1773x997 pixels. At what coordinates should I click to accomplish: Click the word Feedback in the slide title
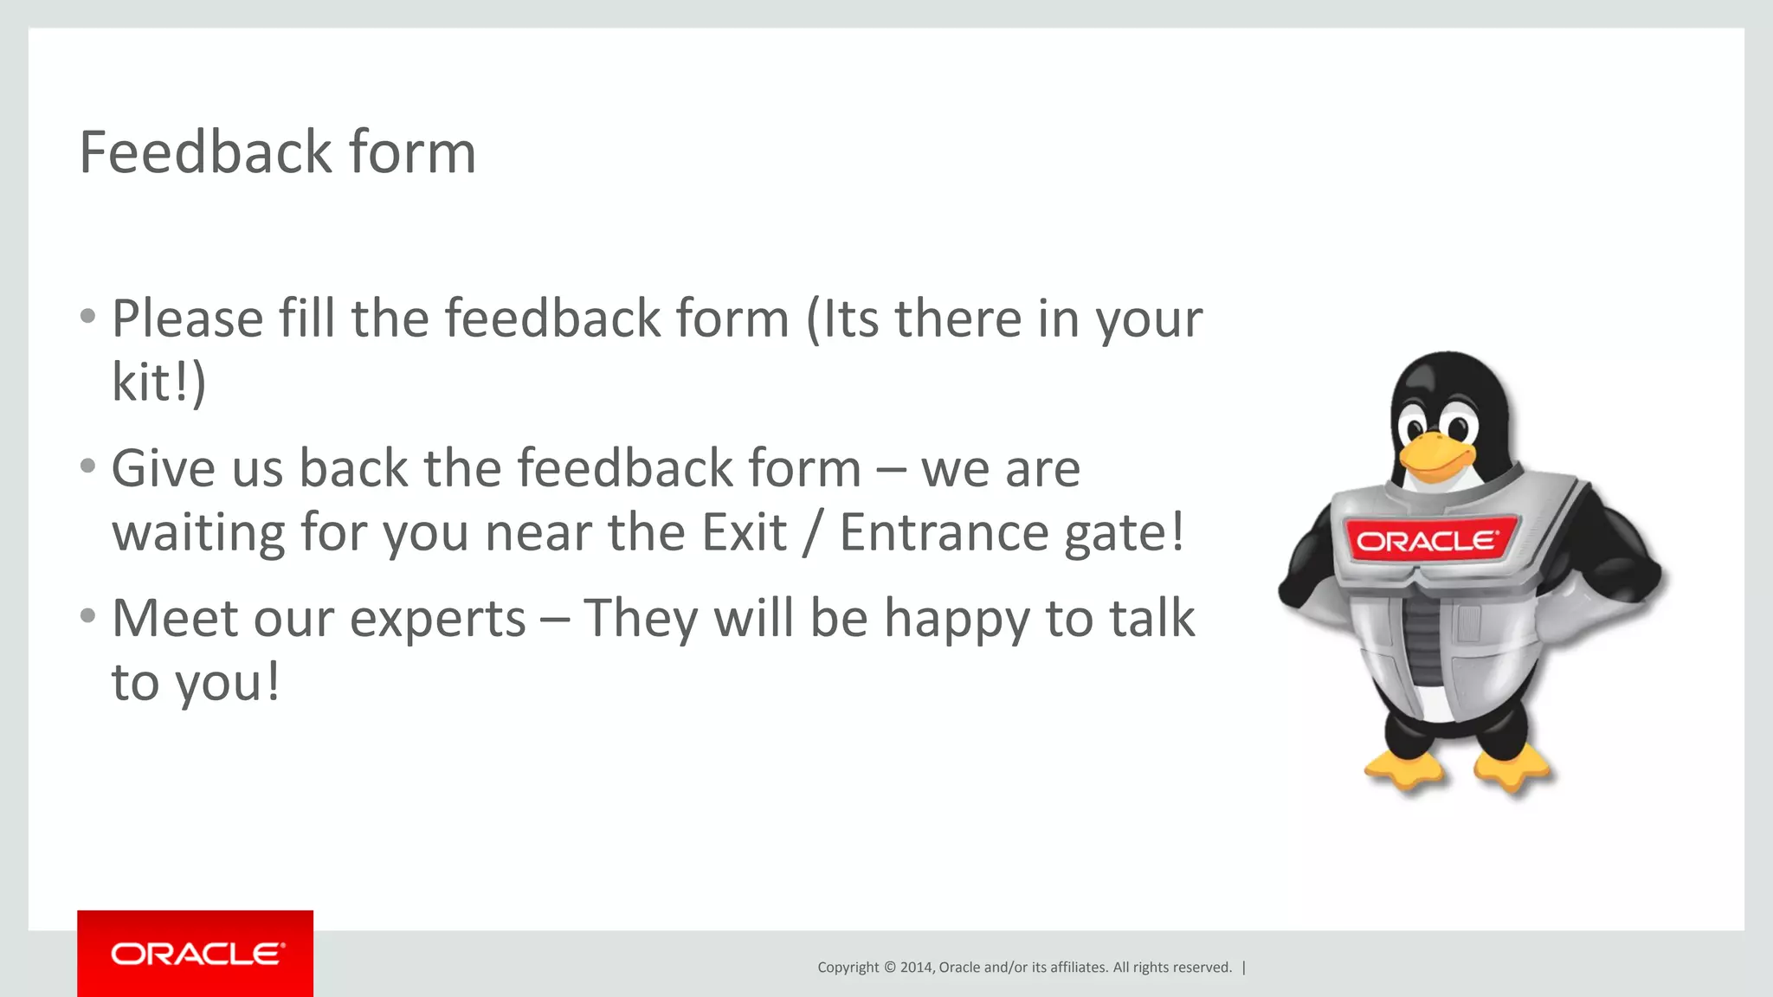(x=205, y=152)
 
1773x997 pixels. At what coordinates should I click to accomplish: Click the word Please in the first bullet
(x=188, y=318)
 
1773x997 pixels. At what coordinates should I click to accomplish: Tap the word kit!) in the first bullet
(x=159, y=383)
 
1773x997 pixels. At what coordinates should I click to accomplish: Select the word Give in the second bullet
(x=163, y=468)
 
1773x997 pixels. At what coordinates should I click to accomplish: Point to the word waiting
(x=198, y=532)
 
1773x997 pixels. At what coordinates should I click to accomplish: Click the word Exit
(x=744, y=532)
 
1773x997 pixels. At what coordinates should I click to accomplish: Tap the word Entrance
(x=945, y=532)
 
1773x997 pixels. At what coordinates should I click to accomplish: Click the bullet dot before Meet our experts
(x=87, y=616)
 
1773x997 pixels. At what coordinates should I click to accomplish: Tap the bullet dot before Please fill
(x=87, y=316)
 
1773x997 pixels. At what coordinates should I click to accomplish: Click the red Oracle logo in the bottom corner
(x=196, y=954)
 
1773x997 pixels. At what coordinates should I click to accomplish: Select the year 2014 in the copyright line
(x=916, y=968)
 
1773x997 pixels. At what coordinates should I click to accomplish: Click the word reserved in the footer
(x=1202, y=968)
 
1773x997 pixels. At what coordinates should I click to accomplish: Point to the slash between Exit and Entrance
(x=812, y=532)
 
